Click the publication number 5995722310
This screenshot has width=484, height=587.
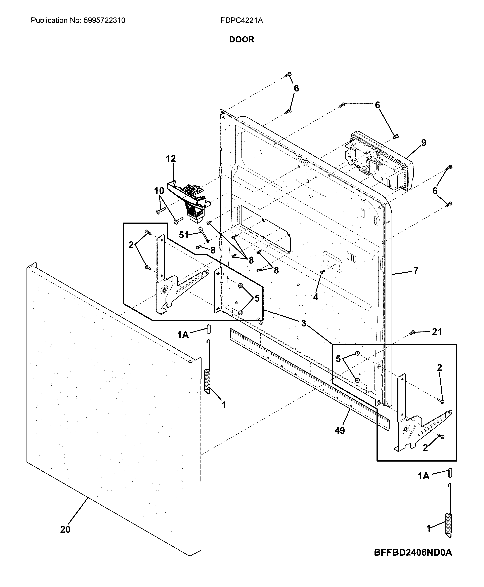point(104,20)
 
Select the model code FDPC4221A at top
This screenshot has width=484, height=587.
point(241,20)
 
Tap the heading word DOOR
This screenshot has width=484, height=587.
point(241,40)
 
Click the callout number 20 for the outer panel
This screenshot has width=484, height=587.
point(65,529)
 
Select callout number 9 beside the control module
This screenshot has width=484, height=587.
point(424,143)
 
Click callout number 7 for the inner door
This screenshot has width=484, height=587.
point(415,270)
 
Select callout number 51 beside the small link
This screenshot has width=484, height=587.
point(183,235)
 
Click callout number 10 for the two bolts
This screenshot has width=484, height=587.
point(159,191)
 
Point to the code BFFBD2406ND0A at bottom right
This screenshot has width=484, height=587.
point(413,552)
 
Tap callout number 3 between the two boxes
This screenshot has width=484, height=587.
point(303,323)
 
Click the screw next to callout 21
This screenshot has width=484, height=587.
point(412,332)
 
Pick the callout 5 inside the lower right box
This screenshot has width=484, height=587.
point(338,359)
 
